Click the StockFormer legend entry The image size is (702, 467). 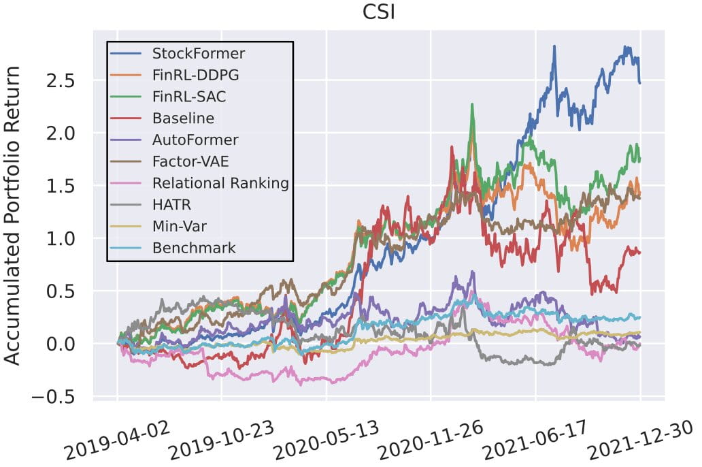[199, 52]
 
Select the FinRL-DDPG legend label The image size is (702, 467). [196, 74]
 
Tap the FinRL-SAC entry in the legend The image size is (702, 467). [189, 96]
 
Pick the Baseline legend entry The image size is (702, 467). [184, 118]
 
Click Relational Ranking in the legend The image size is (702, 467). [220, 183]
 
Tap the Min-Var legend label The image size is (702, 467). [178, 227]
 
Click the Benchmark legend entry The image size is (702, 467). [194, 248]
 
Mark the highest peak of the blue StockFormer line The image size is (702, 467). [554, 46]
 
